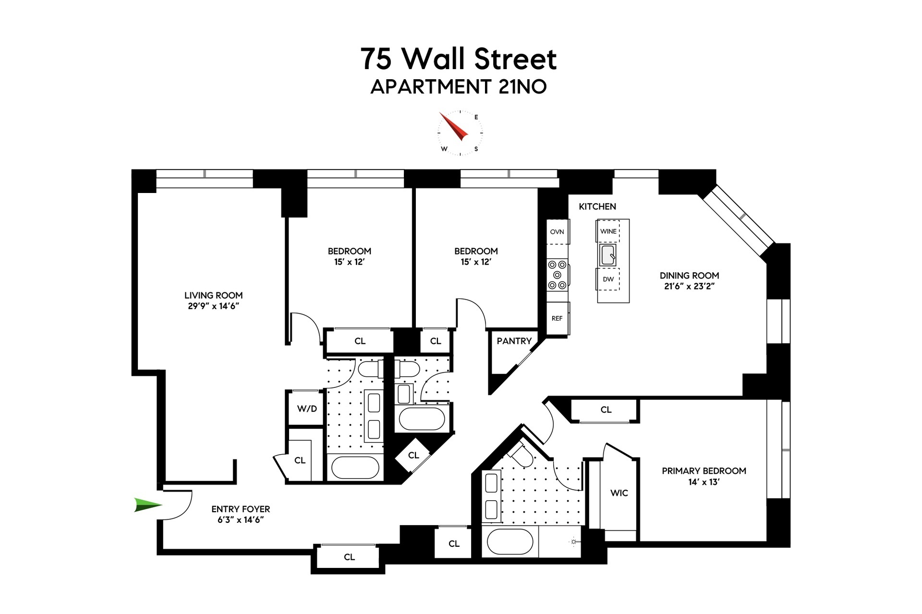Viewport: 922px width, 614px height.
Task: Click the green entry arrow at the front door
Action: click(x=147, y=505)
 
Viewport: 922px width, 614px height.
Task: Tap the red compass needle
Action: click(x=453, y=126)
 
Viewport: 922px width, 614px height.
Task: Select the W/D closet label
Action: click(x=307, y=409)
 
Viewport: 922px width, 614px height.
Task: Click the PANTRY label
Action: click(x=514, y=341)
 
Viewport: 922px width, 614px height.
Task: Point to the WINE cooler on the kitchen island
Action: click(x=608, y=231)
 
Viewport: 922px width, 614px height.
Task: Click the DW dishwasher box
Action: click(x=608, y=279)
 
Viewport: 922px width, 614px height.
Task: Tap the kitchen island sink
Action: click(x=607, y=255)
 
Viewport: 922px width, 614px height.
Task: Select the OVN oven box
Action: click(x=557, y=231)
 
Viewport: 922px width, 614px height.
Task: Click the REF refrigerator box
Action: click(x=557, y=318)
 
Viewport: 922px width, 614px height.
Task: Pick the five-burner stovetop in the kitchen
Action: click(x=557, y=275)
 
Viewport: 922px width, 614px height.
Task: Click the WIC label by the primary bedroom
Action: click(x=619, y=493)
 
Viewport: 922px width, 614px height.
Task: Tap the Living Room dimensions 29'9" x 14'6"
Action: click(x=213, y=306)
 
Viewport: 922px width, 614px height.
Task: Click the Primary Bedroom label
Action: click(x=704, y=471)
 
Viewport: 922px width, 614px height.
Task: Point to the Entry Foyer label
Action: click(x=241, y=509)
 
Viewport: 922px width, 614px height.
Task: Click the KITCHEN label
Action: click(x=597, y=206)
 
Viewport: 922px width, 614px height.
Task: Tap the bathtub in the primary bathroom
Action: click(x=510, y=542)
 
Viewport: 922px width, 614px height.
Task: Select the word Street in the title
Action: click(x=515, y=59)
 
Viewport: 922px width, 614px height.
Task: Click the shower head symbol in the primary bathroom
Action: click(x=573, y=542)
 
